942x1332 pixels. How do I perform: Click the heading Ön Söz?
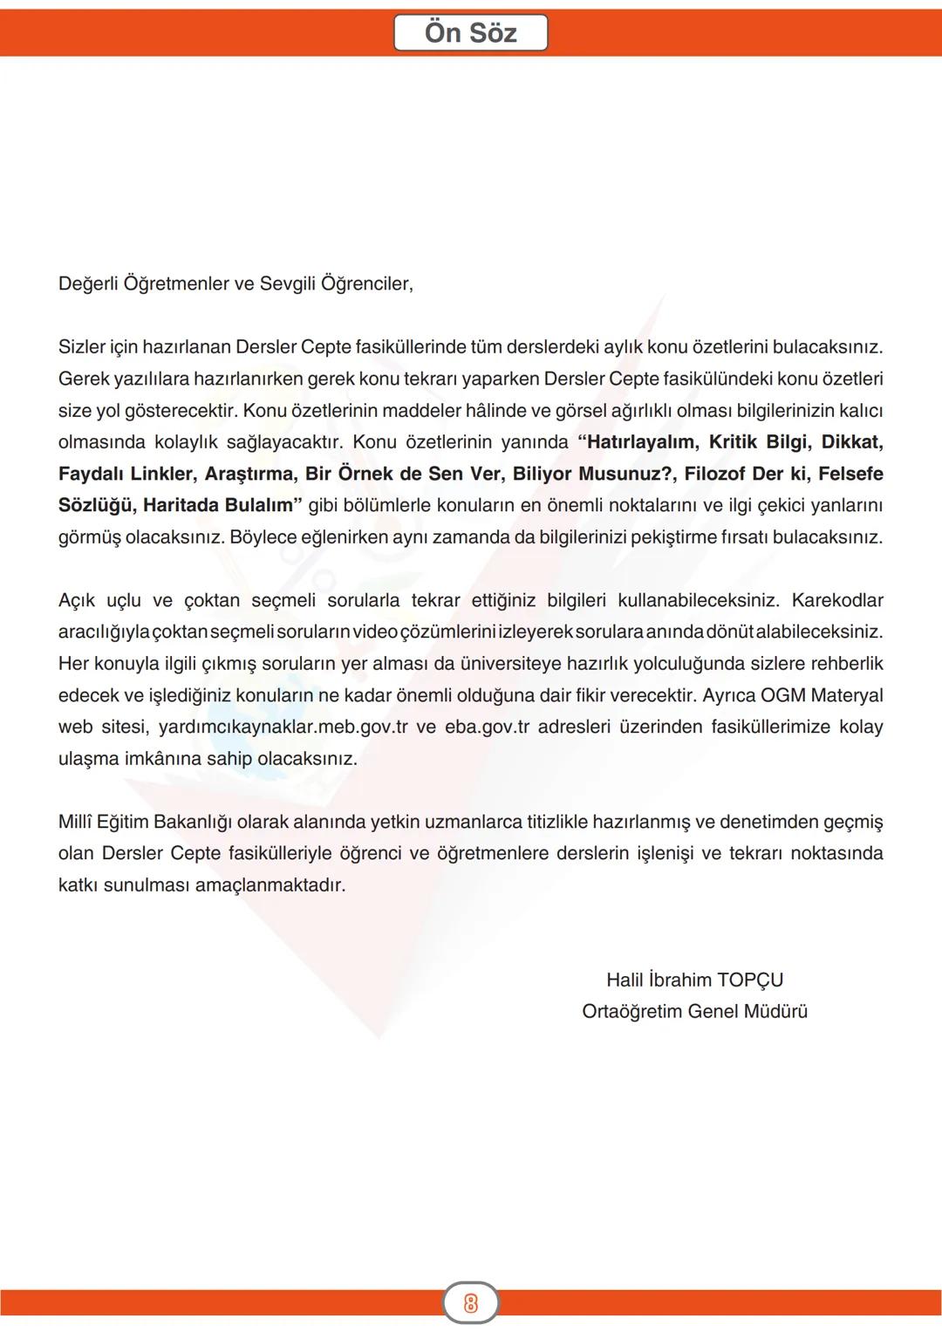(470, 33)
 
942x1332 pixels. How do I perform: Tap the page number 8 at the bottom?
(471, 1303)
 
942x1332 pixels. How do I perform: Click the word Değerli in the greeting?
(87, 284)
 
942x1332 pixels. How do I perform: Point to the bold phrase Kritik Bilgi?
(759, 442)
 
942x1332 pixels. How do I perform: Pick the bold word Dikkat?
(851, 442)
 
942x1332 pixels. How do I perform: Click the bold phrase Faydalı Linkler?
(126, 474)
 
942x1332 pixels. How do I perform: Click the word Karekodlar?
(836, 600)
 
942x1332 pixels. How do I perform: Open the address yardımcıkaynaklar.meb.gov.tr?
(283, 727)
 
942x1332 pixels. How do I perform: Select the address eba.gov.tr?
(487, 727)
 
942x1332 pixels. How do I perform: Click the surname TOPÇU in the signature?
(750, 980)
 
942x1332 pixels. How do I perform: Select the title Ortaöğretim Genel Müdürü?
(694, 1012)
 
